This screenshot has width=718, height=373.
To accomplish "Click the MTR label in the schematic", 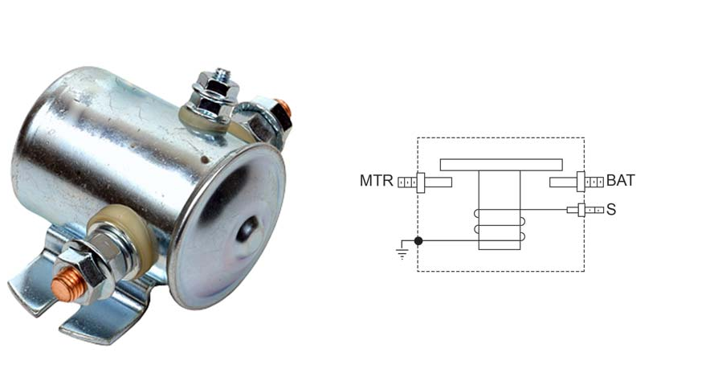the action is click(377, 181).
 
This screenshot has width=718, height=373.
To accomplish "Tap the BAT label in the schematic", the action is click(621, 181).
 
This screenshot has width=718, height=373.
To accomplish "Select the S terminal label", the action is click(611, 210).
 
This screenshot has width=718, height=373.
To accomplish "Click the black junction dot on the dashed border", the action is click(418, 240).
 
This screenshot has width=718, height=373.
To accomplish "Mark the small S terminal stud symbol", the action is click(585, 210).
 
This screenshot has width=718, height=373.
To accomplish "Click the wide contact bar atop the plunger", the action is click(501, 165).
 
